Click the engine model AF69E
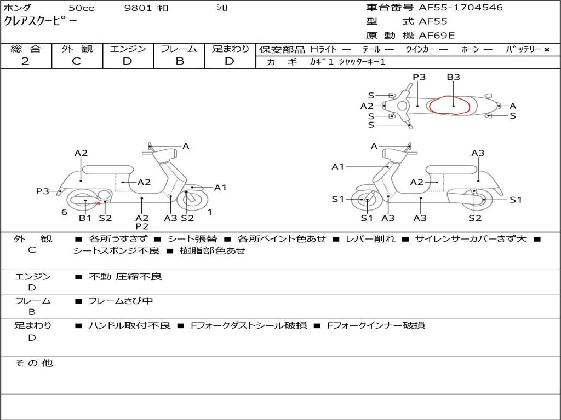pyautogui.click(x=436, y=36)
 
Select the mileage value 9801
pyautogui.click(x=139, y=8)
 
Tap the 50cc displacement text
pyautogui.click(x=81, y=8)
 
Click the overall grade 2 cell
pyautogui.click(x=26, y=61)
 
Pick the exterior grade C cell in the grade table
pyautogui.click(x=77, y=61)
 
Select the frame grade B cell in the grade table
pyautogui.click(x=180, y=61)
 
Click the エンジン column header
pyautogui.click(x=128, y=49)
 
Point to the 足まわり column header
pyautogui.click(x=231, y=49)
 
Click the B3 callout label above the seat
pyautogui.click(x=453, y=77)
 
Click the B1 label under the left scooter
pyautogui.click(x=85, y=218)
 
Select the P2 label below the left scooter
pyautogui.click(x=142, y=226)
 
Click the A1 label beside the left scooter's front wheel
pyautogui.click(x=220, y=188)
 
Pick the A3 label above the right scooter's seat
pyautogui.click(x=478, y=153)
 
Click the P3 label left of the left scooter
pyautogui.click(x=43, y=191)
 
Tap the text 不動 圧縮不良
pyautogui.click(x=125, y=277)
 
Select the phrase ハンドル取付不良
pyautogui.click(x=130, y=325)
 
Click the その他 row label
pyautogui.click(x=34, y=363)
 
